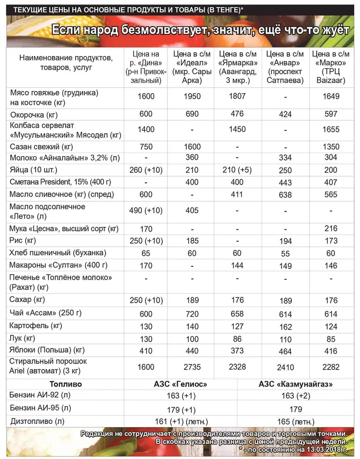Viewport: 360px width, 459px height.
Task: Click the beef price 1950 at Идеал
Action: [192, 97]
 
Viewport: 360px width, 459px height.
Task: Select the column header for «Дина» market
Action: [146, 67]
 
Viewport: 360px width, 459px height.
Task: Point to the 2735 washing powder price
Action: [192, 367]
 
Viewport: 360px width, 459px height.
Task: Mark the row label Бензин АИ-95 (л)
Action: [40, 408]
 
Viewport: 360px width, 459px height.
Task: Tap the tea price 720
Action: [192, 314]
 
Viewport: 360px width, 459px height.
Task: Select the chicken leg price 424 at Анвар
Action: [285, 115]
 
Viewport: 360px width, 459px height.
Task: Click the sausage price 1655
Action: [332, 129]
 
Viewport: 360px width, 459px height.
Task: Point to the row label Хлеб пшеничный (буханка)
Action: [58, 253]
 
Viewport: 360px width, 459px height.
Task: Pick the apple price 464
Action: [285, 351]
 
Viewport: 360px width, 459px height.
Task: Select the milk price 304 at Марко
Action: [332, 158]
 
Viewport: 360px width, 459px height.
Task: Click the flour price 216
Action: [332, 229]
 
